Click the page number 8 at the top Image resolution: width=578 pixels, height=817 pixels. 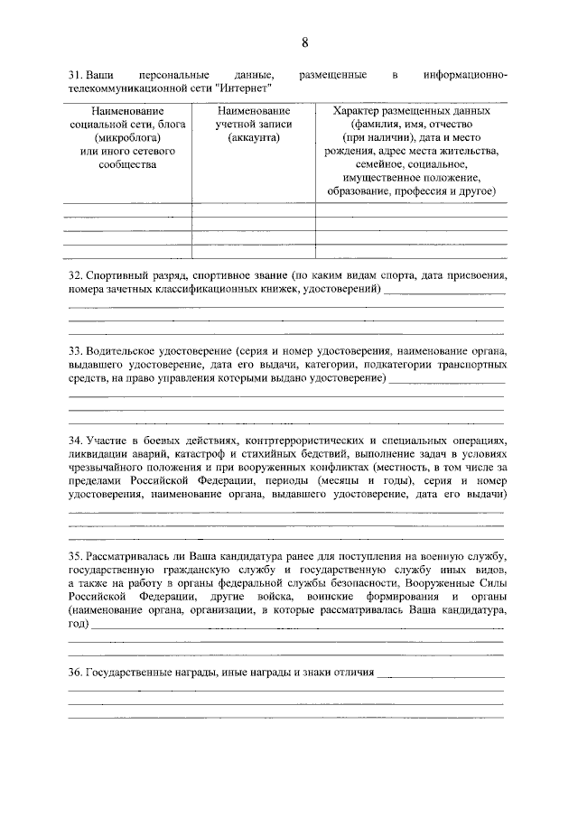[304, 42]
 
